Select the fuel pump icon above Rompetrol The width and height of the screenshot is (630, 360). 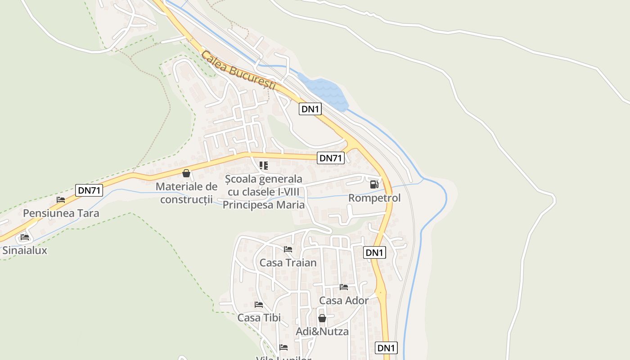[x=374, y=184]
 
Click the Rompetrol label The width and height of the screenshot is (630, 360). [x=374, y=198]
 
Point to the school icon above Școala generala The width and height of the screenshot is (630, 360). [x=264, y=166]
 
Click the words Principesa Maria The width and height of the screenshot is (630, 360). [x=264, y=205]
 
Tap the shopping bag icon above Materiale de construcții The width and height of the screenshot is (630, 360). [x=186, y=173]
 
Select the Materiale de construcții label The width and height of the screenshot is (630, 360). [x=186, y=193]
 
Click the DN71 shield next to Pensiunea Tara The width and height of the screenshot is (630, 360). [x=89, y=190]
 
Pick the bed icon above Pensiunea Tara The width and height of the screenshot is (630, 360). [x=61, y=200]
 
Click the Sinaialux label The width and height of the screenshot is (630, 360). [x=25, y=251]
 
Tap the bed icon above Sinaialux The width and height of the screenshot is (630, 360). [x=25, y=237]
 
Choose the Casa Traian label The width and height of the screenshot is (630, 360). [x=288, y=262]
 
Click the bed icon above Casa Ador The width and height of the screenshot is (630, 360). [x=344, y=287]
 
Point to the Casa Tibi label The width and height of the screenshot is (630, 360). [x=259, y=318]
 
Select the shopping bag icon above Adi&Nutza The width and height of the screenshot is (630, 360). [x=322, y=318]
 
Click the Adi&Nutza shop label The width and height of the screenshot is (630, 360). [x=322, y=332]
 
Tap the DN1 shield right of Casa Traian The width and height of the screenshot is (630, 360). [x=374, y=252]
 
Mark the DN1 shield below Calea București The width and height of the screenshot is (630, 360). [x=310, y=109]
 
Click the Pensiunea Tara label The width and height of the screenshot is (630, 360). [x=61, y=213]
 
